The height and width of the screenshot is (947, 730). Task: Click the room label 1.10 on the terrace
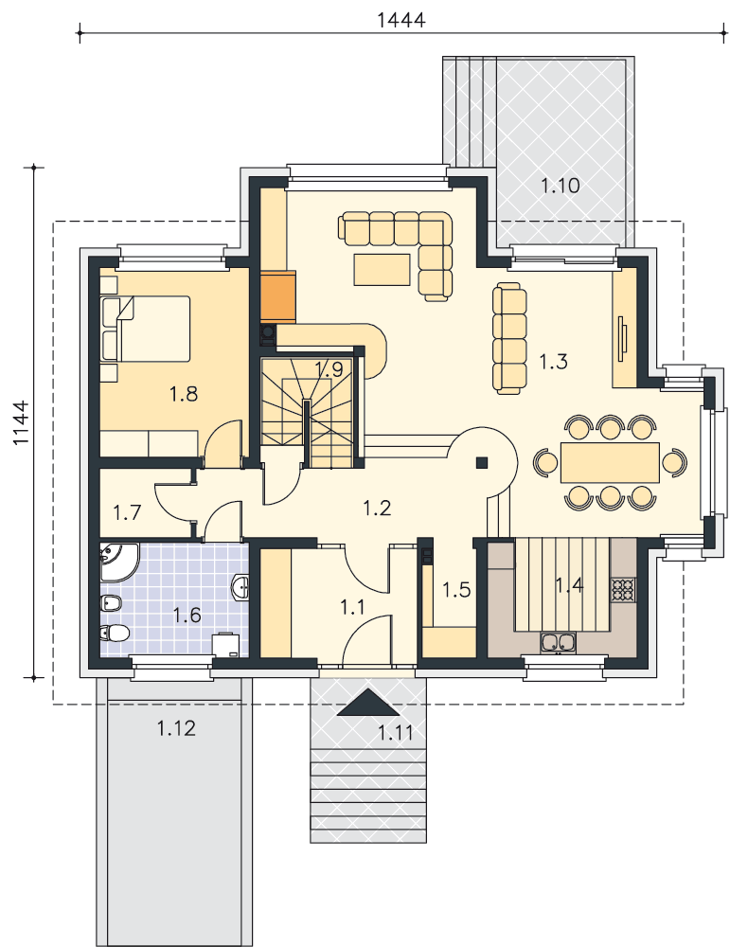(560, 186)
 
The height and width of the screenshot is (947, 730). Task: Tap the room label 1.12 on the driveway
(176, 728)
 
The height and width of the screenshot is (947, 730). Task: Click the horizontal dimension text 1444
(401, 20)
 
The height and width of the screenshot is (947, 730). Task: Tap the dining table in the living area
(610, 463)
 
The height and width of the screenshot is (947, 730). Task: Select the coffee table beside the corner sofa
(383, 269)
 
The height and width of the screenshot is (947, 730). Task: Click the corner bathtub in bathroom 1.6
(117, 562)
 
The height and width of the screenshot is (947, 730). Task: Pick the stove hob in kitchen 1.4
(623, 589)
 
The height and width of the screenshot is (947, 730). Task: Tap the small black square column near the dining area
(482, 463)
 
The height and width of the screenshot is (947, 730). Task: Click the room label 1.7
(127, 512)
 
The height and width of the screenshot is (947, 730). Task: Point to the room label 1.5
(455, 589)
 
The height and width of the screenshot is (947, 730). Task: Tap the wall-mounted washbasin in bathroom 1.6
(240, 587)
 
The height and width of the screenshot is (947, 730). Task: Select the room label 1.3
(553, 362)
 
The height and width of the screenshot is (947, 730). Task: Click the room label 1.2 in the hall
(377, 508)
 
